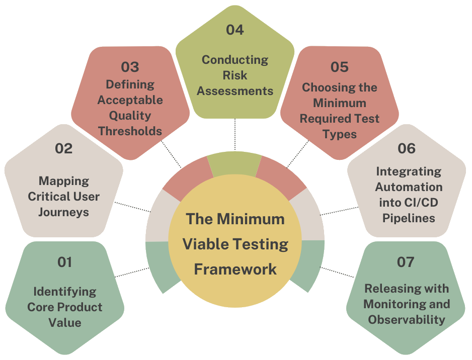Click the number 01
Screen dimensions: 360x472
click(65, 262)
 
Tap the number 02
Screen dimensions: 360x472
click(64, 149)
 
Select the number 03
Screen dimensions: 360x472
click(130, 67)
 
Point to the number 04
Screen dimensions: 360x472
click(234, 30)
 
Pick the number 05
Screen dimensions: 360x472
click(340, 67)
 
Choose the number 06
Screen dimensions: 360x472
click(407, 149)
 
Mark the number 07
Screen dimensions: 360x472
click(406, 262)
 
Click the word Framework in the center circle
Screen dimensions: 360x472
click(235, 269)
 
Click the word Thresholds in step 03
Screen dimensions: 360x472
click(130, 131)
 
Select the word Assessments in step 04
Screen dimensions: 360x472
click(235, 91)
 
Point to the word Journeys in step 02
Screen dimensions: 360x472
click(64, 212)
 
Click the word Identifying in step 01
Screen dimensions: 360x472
click(65, 291)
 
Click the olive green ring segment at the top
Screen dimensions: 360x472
click(234, 164)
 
